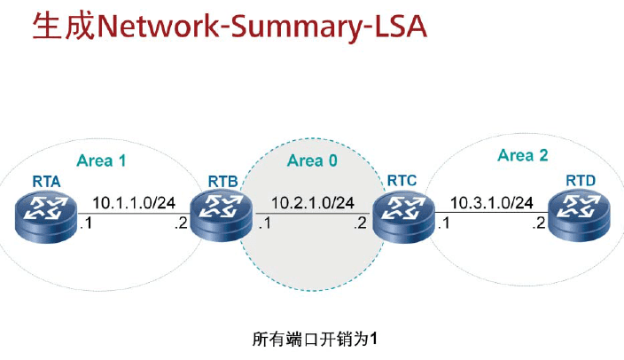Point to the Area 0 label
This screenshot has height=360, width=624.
click(313, 160)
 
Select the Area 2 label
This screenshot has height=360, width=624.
click(523, 155)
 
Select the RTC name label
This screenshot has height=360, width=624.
click(402, 182)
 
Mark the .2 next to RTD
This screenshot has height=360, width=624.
click(539, 224)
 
